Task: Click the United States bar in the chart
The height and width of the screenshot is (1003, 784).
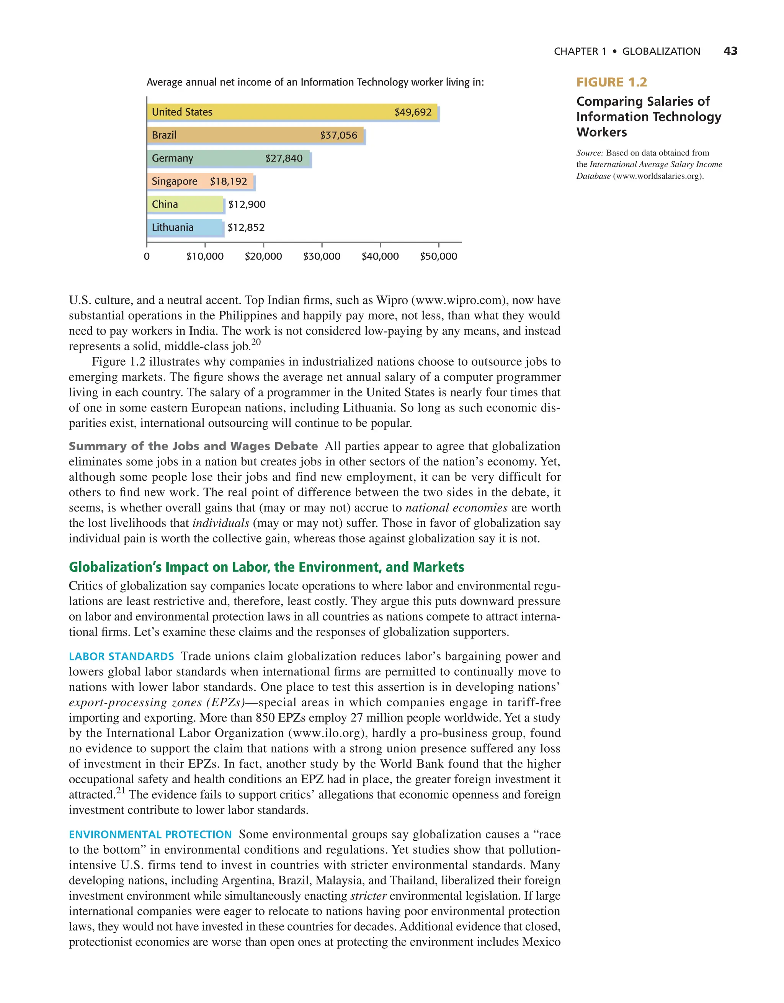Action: click(292, 112)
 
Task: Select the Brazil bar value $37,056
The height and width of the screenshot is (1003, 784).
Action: click(338, 136)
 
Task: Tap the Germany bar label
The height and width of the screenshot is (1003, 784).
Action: click(172, 158)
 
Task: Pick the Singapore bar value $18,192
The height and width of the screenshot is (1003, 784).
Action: click(228, 181)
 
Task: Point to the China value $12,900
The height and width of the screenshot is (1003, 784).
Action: click(247, 204)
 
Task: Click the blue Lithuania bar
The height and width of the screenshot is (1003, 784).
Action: click(185, 228)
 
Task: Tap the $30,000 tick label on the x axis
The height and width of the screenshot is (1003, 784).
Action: click(322, 256)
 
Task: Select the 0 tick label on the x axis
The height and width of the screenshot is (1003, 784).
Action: click(147, 256)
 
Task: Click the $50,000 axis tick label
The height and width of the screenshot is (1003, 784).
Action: click(438, 256)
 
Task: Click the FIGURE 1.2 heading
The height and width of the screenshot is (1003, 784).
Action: click(611, 82)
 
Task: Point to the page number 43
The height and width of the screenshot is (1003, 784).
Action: click(730, 51)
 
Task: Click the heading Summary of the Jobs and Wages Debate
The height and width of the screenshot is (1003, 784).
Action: click(193, 446)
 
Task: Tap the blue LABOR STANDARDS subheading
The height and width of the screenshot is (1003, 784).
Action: click(121, 656)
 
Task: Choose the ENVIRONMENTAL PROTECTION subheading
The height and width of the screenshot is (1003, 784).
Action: click(150, 835)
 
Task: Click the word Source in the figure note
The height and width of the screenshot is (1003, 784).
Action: click(589, 153)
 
